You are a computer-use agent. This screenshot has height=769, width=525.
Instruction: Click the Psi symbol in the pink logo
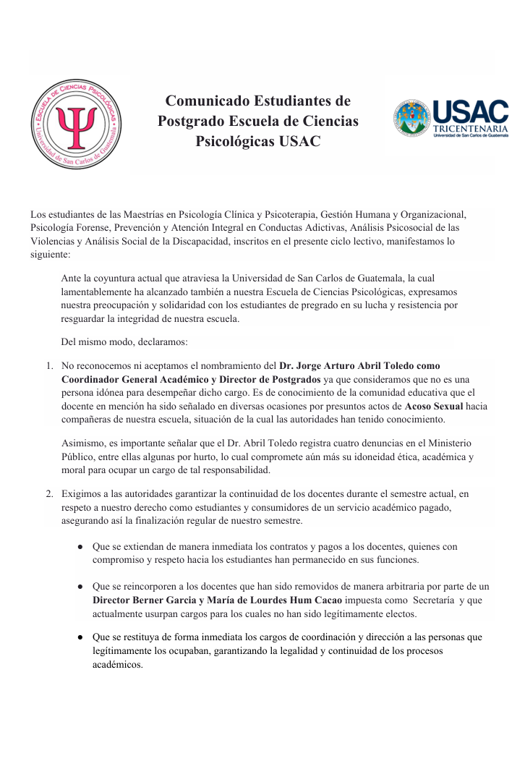(74, 125)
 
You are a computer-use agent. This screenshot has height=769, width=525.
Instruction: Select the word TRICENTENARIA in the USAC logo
(470, 129)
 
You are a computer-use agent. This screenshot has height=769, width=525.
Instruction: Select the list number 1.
(50, 366)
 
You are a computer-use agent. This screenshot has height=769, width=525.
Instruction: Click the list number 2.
(50, 494)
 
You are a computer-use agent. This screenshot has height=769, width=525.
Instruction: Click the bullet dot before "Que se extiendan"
(80, 548)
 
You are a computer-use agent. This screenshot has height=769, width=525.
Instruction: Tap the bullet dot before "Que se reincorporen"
(80, 587)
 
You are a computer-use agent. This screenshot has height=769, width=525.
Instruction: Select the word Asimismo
(85, 443)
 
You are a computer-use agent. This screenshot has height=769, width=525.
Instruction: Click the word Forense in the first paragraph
(95, 228)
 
